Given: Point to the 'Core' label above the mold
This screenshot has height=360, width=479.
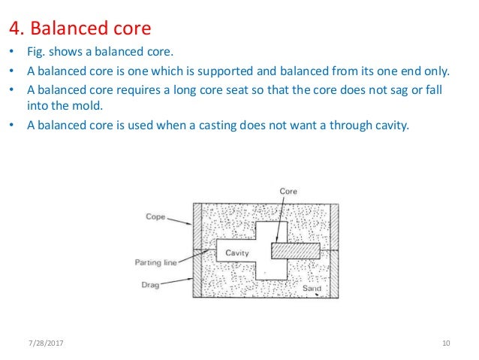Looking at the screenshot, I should [x=288, y=192].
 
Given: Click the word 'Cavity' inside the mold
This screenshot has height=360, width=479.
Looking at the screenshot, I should [x=237, y=253].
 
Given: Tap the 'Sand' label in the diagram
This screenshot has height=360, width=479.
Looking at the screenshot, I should [x=312, y=288].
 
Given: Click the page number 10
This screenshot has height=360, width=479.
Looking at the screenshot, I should [x=446, y=343].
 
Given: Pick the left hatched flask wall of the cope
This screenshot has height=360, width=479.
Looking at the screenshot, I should [x=198, y=225].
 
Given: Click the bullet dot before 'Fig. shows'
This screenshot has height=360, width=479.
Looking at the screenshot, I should [x=11, y=55].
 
